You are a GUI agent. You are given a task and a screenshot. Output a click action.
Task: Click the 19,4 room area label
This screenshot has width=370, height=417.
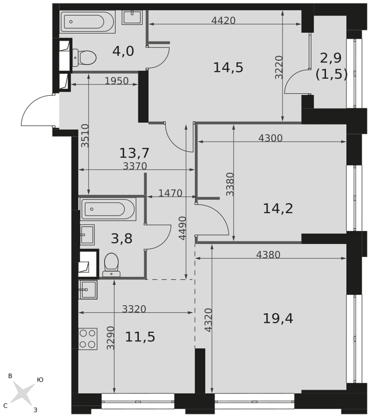[278, 318]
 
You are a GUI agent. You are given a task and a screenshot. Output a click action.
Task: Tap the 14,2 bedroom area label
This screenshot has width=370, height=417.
[278, 208]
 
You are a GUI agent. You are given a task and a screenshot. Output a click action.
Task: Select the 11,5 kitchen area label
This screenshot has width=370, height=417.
[140, 337]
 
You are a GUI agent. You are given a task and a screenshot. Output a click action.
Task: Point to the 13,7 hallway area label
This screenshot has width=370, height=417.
[134, 153]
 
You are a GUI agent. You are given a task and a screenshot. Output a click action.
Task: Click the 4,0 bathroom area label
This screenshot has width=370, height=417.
[123, 51]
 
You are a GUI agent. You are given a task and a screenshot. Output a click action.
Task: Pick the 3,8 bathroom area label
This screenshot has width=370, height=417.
[122, 239]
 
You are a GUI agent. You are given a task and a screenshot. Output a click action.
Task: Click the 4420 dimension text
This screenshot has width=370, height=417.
[223, 20]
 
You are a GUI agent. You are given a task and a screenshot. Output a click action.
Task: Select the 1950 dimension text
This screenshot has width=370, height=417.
[117, 81]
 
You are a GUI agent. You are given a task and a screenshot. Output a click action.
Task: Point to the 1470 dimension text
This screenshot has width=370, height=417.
[170, 193]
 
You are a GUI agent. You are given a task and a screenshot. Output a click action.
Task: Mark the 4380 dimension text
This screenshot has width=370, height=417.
[268, 255]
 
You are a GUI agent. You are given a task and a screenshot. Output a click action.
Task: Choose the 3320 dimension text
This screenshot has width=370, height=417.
[134, 309]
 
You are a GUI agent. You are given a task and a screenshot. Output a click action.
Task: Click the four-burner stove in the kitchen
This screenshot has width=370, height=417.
[88, 339]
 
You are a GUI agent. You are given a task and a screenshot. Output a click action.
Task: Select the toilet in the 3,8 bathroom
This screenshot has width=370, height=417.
[112, 265]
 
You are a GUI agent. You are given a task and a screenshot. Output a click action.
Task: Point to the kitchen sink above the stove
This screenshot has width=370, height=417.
[88, 290]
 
